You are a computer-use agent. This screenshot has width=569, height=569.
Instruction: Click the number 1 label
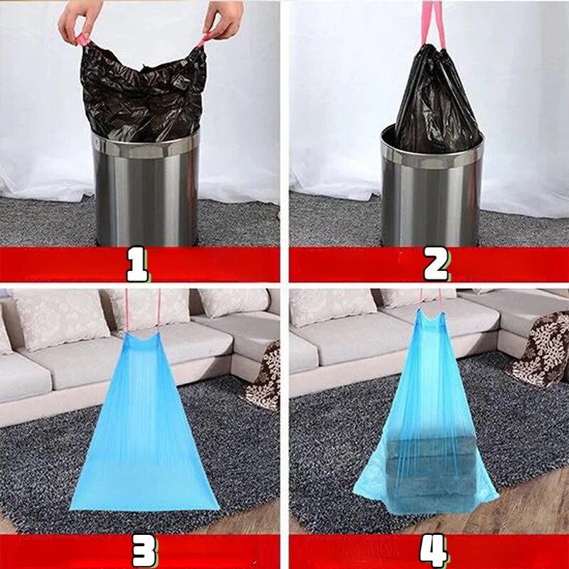coord(137,264)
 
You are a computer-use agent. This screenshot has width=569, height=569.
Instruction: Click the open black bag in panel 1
coord(144,92)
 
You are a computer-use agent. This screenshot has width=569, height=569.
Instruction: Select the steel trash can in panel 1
coord(147,188)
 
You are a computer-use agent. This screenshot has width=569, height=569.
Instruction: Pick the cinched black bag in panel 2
coord(438,100)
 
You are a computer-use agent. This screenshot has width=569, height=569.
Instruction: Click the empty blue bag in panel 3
coord(144,421)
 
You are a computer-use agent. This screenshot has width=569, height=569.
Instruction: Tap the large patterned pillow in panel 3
coord(58,319)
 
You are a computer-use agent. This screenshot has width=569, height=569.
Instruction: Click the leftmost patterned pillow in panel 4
coord(332,307)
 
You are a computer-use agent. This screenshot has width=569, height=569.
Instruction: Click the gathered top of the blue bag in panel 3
coord(144,339)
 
